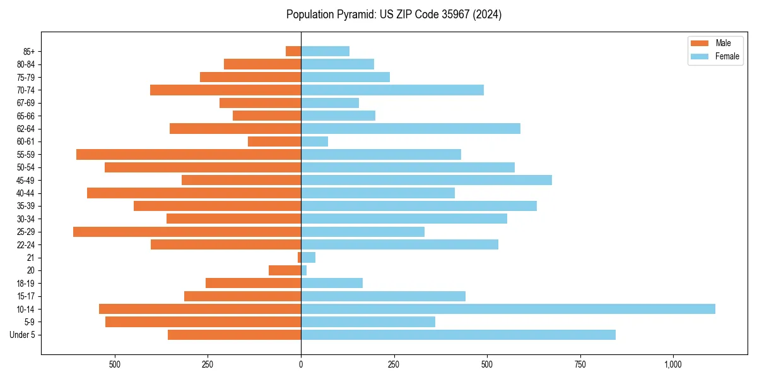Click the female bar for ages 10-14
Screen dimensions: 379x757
(508, 309)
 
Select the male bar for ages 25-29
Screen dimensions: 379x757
(187, 232)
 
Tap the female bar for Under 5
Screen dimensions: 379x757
(458, 335)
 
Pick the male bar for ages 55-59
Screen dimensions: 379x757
(189, 154)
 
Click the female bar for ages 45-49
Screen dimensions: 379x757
(426, 180)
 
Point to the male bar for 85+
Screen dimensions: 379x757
(293, 51)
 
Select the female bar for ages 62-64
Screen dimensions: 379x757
(411, 128)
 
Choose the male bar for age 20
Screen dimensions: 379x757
(285, 270)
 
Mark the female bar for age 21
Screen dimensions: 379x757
(308, 257)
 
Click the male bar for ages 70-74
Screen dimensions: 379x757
(225, 90)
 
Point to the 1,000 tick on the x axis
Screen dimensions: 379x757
(673, 364)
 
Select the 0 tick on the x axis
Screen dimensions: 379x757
(301, 364)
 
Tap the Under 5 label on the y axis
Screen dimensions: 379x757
(22, 335)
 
